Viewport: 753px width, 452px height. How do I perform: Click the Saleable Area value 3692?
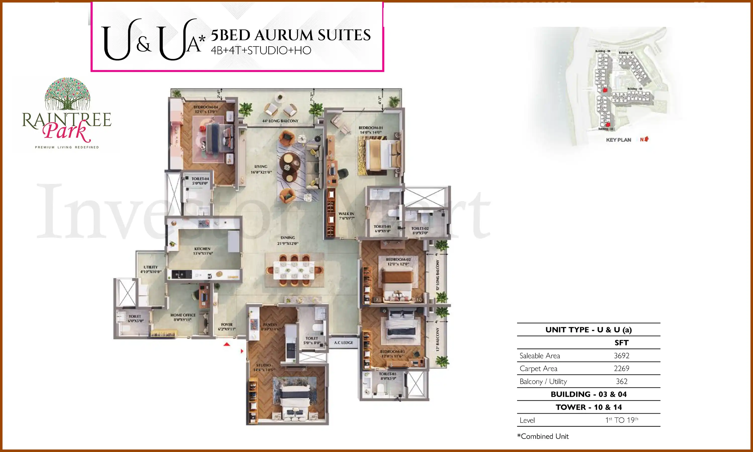point(621,355)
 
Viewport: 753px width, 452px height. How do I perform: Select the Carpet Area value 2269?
point(621,369)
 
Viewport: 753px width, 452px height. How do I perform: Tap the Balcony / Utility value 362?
point(621,381)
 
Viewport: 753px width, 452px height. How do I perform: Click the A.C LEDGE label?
point(343,343)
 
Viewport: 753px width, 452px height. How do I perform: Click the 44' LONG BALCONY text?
point(280,121)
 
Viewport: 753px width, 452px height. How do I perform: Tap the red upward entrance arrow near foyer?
point(227,345)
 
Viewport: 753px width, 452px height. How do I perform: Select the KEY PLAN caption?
point(618,140)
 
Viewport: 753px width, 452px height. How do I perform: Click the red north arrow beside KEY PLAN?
point(647,139)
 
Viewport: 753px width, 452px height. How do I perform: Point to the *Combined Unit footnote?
point(543,436)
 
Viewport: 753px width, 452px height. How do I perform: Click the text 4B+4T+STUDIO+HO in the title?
point(261,50)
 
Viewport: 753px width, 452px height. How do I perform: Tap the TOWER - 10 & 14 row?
point(588,407)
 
